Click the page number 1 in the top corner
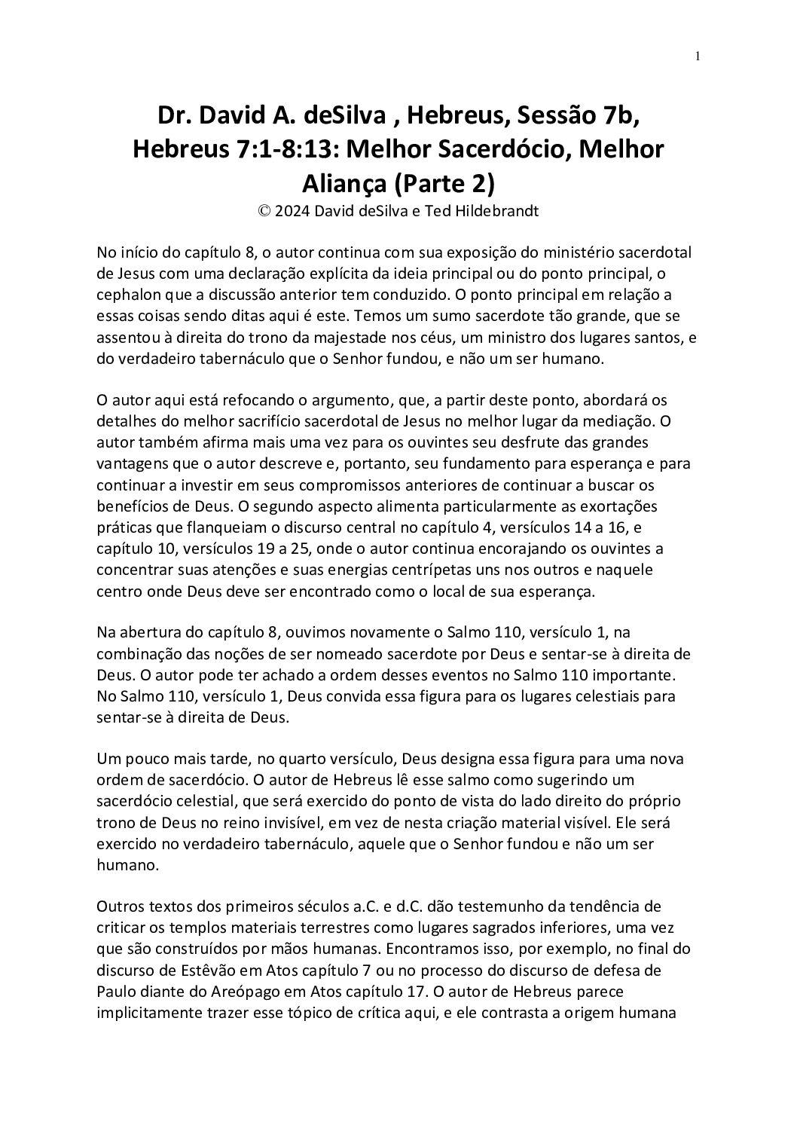698,55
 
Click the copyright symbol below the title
264,212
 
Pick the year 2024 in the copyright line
292,212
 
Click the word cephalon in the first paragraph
127,292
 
